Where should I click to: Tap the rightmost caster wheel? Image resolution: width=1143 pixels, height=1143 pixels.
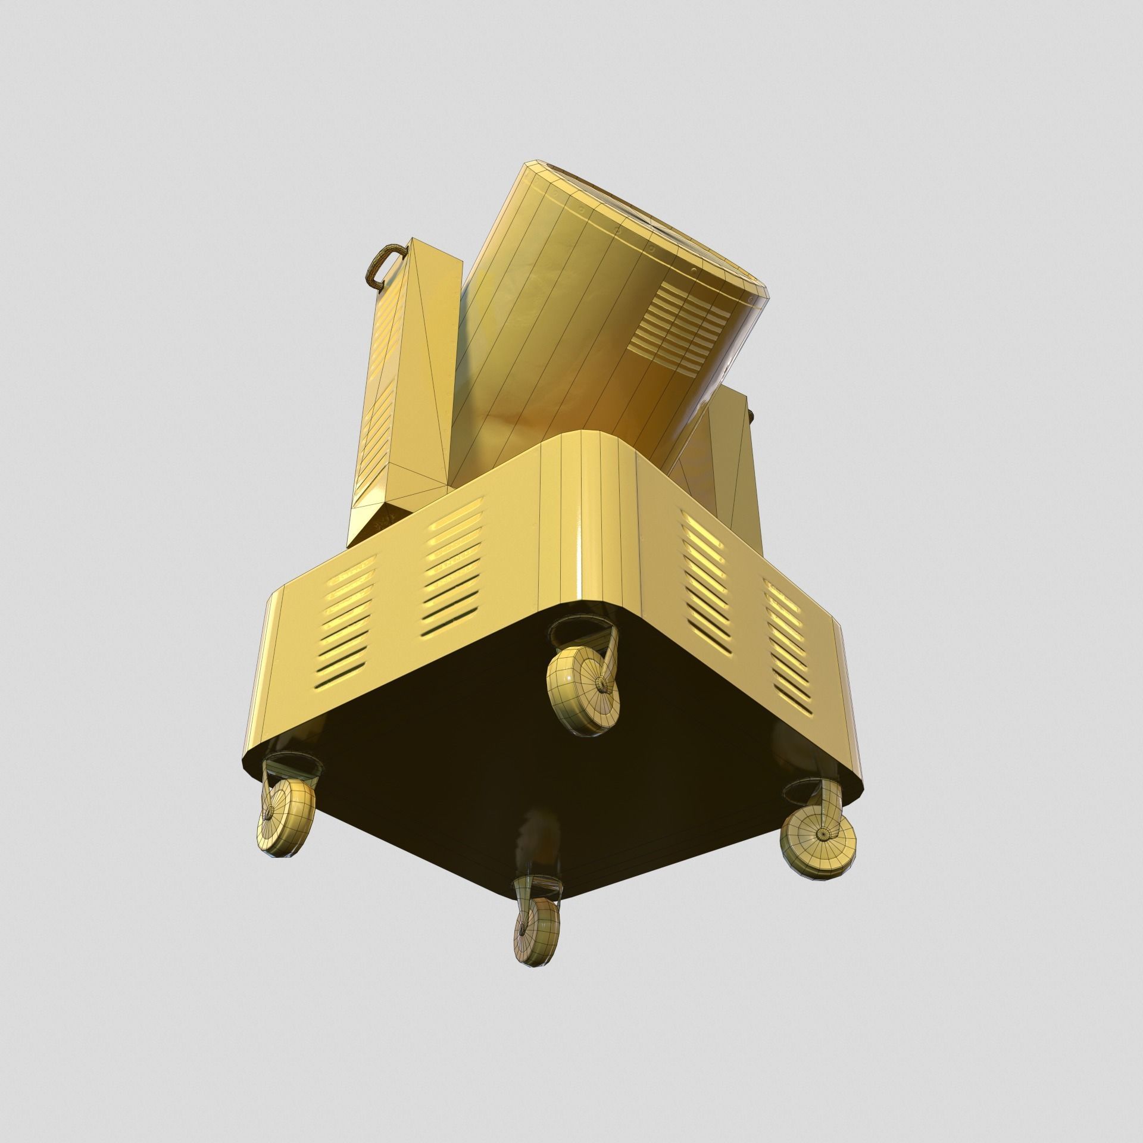click(x=820, y=833)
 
